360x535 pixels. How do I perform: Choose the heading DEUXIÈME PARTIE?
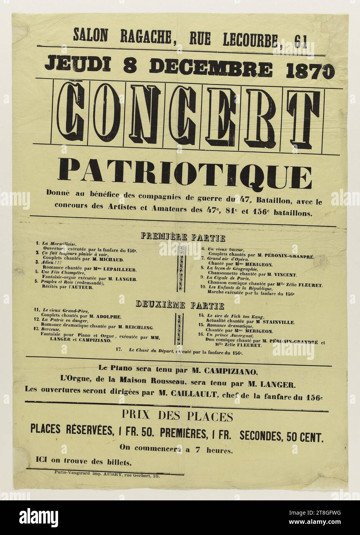(180, 306)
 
